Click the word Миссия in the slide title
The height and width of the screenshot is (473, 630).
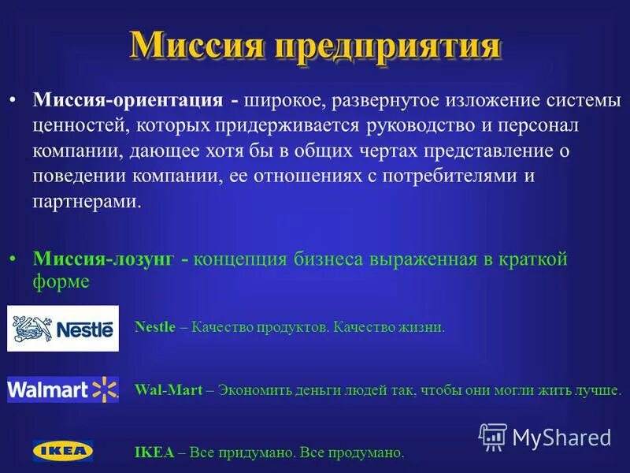[197, 46]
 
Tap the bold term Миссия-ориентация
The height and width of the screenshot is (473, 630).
[127, 101]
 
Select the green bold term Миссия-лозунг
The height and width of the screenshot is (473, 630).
[102, 259]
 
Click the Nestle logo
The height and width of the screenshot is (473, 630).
[63, 328]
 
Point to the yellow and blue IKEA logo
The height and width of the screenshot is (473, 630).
[63, 451]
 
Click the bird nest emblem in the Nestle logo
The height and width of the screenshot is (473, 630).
[30, 328]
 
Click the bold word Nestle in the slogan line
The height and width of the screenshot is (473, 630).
[155, 327]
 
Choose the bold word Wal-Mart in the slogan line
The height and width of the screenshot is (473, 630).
[169, 389]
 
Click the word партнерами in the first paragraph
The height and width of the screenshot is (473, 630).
[87, 201]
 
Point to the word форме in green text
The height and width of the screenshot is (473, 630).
[61, 281]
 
